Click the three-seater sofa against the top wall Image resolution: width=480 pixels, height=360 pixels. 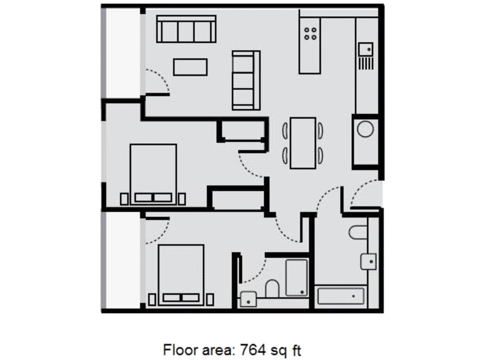point(186,29)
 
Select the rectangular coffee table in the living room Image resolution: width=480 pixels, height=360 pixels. point(190,66)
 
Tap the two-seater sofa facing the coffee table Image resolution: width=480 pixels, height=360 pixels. point(246,80)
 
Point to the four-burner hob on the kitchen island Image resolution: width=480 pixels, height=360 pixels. point(311,29)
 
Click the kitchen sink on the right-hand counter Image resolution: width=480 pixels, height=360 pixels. point(365,47)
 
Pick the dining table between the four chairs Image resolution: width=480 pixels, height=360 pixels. point(303,143)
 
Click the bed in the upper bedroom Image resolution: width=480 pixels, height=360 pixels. point(153,173)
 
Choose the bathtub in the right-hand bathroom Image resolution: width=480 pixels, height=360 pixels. point(341,296)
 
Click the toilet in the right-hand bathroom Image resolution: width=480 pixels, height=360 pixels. point(359,233)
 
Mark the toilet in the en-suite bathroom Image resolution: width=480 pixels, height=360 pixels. point(272,288)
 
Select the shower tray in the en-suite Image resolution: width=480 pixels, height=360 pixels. point(296,277)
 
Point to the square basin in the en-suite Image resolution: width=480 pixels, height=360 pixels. point(247,299)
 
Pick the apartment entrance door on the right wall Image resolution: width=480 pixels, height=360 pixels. point(366,195)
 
